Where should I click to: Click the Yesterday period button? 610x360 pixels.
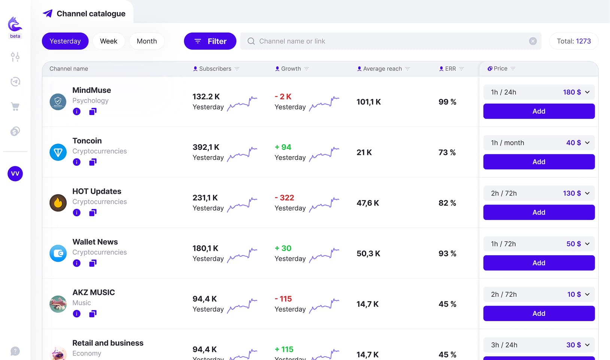click(65, 41)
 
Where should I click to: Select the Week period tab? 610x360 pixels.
click(109, 41)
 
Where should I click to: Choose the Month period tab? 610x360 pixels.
click(147, 41)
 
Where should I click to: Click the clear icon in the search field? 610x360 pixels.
click(533, 41)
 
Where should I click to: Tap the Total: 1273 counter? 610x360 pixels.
click(574, 41)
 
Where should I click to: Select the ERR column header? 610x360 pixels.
click(450, 69)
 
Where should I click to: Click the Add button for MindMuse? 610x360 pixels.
click(539, 111)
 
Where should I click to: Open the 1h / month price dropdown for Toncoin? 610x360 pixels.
click(539, 143)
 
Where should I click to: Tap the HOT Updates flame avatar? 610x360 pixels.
click(58, 203)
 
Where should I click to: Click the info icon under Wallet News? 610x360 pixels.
click(77, 263)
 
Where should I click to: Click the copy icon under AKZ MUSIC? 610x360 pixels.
click(93, 314)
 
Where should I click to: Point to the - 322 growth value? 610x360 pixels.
click(285, 198)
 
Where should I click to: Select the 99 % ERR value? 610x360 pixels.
click(447, 102)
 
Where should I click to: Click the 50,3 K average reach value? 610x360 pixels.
click(368, 254)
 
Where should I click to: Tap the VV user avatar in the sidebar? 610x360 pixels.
click(15, 173)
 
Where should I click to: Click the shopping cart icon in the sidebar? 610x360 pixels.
click(15, 106)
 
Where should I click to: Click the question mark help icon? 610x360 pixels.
click(15, 351)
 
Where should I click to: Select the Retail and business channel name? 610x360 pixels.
click(108, 343)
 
